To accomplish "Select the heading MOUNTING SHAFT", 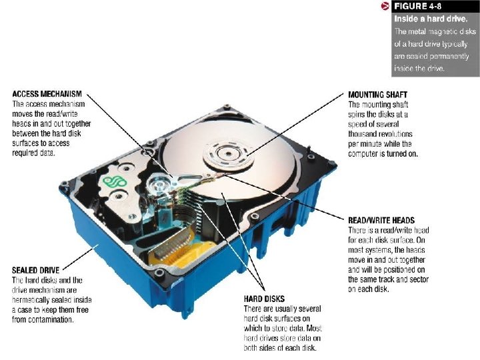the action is (377, 95).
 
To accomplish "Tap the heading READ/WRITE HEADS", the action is (381, 220).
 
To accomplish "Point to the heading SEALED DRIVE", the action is (35, 270).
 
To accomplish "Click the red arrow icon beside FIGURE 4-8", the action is (385, 7).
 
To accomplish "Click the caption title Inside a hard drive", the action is (430, 19).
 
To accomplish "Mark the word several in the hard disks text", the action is (308, 309).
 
